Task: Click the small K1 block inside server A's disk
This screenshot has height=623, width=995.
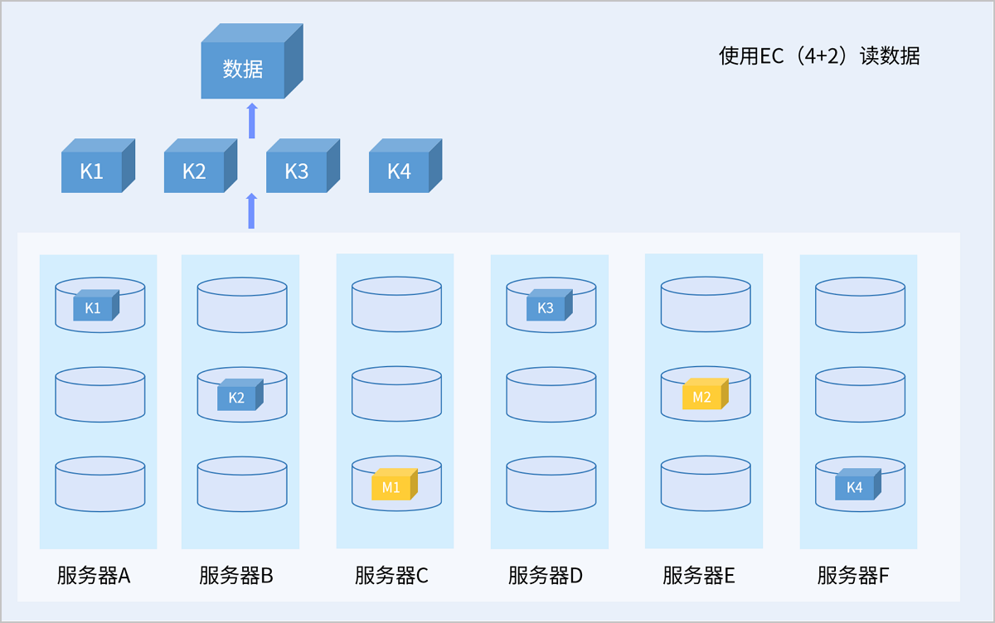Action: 94,307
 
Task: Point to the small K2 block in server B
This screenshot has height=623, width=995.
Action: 237,397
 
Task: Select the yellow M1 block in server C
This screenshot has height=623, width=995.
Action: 391,486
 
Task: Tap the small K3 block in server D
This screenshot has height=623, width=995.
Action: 546,307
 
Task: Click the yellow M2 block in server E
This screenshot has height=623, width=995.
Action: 702,396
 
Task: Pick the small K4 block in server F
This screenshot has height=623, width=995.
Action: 855,486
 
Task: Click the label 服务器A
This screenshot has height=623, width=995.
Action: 94,576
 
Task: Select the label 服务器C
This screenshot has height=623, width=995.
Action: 391,576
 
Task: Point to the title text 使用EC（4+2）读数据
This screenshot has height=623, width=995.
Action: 819,56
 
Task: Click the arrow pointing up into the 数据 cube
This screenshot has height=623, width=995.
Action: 252,121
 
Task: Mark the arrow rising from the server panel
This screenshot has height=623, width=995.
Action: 252,211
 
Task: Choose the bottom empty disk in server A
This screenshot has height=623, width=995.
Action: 100,485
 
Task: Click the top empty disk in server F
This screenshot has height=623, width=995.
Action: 860,305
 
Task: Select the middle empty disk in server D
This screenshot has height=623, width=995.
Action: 551,395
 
